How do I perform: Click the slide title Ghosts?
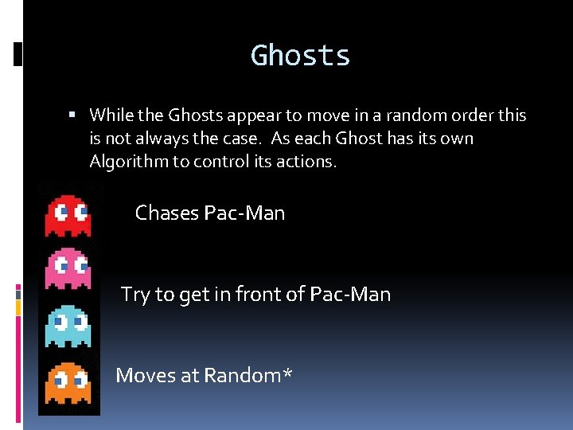click(300, 56)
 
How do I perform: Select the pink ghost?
click(68, 268)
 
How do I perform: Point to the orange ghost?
click(68, 383)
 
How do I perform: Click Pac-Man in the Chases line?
click(244, 213)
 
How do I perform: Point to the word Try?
click(135, 295)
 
